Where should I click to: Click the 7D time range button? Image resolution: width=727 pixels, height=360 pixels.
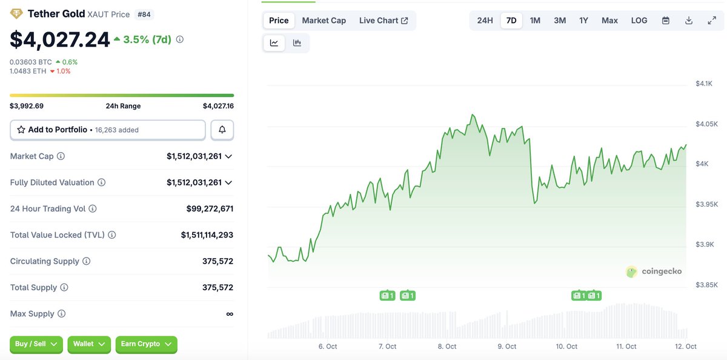coord(511,21)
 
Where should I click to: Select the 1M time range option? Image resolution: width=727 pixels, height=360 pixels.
coord(535,21)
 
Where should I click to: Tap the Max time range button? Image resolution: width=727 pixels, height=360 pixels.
coord(609,21)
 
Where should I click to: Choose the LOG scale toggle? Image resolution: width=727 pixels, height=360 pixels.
coord(639,21)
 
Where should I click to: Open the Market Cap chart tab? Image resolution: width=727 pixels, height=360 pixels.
coord(324,21)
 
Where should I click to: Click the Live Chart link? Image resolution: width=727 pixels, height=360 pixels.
coord(383,21)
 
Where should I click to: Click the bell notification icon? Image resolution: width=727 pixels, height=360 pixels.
coord(222,130)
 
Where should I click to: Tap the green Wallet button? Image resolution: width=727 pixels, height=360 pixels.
coord(89,344)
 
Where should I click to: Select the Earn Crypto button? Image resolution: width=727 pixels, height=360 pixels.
coord(146,344)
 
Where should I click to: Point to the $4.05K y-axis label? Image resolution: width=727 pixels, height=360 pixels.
coord(706,124)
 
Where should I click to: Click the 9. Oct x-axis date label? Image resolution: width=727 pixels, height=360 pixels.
coord(506,347)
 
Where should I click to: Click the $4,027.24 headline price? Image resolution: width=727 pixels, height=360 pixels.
coord(60,39)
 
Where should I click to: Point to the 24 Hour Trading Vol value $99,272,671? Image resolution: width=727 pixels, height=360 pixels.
coord(210,208)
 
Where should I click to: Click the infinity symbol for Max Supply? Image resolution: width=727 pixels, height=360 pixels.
coord(230,314)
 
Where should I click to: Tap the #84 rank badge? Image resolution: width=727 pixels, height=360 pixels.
coord(145,13)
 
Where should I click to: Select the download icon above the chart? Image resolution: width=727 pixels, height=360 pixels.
coord(689,21)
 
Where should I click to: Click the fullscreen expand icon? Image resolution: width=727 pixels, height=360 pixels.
coord(712,21)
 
